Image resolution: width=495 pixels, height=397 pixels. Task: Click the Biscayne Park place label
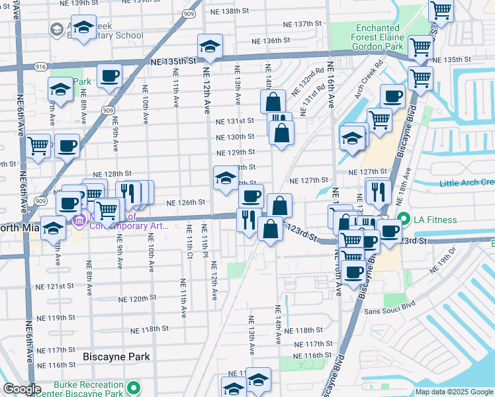(x=116, y=357)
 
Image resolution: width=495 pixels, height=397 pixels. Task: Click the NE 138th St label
(x=233, y=12)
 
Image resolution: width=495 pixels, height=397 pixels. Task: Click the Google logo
(x=22, y=389)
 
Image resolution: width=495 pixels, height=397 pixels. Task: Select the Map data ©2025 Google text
(x=454, y=392)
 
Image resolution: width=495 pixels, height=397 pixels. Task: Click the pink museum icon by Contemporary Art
(x=79, y=219)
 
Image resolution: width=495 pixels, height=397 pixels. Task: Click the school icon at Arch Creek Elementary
(x=83, y=28)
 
